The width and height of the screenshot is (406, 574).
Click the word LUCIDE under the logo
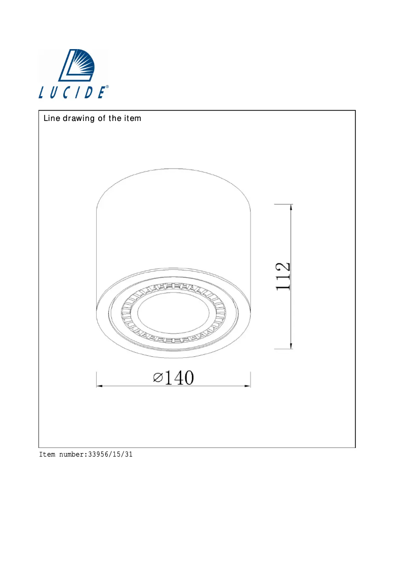click(72, 92)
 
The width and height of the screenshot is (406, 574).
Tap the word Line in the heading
click(51, 119)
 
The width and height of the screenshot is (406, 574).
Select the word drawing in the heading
click(78, 119)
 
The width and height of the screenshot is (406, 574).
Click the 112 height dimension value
click(282, 276)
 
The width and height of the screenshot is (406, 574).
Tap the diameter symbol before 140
click(157, 378)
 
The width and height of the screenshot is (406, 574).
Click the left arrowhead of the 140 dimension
click(100, 386)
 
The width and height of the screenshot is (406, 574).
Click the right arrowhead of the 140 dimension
click(248, 386)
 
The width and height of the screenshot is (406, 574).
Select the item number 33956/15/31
click(110, 455)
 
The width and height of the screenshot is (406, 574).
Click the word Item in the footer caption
click(47, 455)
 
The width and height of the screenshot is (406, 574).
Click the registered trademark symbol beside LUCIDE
click(107, 87)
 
